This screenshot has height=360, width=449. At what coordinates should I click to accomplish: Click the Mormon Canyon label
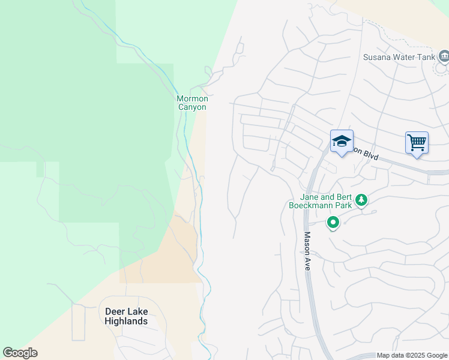[192, 103]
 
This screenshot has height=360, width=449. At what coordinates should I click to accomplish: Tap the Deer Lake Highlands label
[126, 316]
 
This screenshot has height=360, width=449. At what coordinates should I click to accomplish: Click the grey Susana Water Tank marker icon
[444, 57]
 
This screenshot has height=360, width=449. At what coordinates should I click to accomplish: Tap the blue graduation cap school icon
[342, 142]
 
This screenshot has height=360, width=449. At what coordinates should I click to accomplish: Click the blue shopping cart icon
[417, 143]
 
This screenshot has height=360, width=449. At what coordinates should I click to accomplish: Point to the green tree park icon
[361, 200]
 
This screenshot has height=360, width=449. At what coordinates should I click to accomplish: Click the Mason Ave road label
[307, 251]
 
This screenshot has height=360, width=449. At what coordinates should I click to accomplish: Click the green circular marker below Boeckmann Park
[333, 223]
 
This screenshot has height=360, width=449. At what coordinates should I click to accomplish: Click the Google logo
[20, 353]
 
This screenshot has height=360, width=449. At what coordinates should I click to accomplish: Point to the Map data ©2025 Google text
[412, 356]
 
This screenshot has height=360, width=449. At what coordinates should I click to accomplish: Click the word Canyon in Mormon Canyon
[192, 107]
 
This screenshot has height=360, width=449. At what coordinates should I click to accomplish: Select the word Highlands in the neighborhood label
[126, 321]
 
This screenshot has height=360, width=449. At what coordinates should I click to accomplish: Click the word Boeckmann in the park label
[312, 205]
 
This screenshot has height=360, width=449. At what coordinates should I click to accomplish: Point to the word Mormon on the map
[192, 98]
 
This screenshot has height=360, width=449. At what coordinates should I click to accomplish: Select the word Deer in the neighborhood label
[115, 311]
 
